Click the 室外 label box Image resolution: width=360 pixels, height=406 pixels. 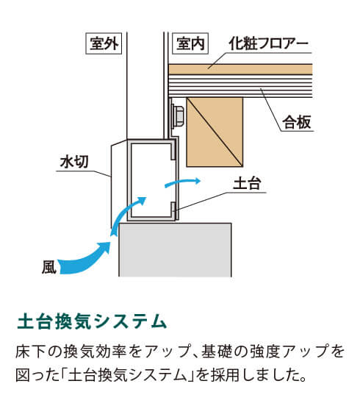[104, 43]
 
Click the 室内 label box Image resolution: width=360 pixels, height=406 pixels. [190, 43]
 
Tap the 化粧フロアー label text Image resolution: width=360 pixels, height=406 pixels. [268, 43]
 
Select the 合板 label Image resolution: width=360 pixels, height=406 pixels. [296, 123]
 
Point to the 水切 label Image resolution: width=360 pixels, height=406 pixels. [74, 162]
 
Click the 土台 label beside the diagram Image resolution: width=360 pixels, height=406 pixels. [247, 183]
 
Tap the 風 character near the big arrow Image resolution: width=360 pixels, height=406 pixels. [49, 267]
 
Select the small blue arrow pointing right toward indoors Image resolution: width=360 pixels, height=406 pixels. [182, 182]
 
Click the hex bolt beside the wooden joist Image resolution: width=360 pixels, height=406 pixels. [177, 115]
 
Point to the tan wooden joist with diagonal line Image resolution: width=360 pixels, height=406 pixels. [215, 132]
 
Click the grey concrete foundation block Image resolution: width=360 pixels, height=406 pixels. [175, 249]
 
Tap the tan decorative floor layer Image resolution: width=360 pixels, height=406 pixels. [240, 69]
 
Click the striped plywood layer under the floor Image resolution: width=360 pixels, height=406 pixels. [240, 86]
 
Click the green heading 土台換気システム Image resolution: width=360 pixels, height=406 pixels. [92, 322]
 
